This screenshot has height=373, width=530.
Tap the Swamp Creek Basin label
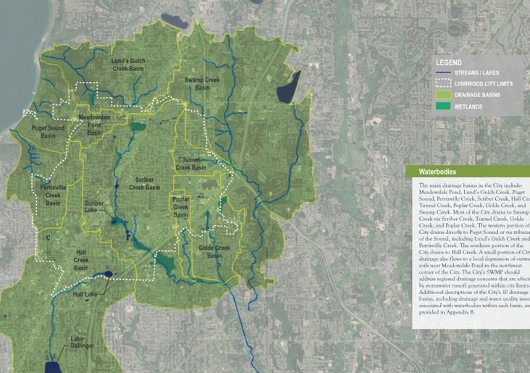[x=203, y=78]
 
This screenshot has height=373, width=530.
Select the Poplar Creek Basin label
[x=181, y=207]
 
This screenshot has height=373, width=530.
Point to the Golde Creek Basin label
[x=214, y=251]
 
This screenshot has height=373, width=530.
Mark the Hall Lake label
[x=86, y=295]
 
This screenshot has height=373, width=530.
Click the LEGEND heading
[x=449, y=63]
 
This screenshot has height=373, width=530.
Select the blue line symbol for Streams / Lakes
[x=443, y=73]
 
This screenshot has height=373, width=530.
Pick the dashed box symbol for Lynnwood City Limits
[x=443, y=83]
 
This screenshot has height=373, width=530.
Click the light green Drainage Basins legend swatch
[x=443, y=94]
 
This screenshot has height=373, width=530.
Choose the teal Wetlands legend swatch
[x=443, y=105]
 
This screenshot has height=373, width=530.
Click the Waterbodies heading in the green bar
[x=439, y=172]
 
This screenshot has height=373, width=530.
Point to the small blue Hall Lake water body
[x=107, y=274]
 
